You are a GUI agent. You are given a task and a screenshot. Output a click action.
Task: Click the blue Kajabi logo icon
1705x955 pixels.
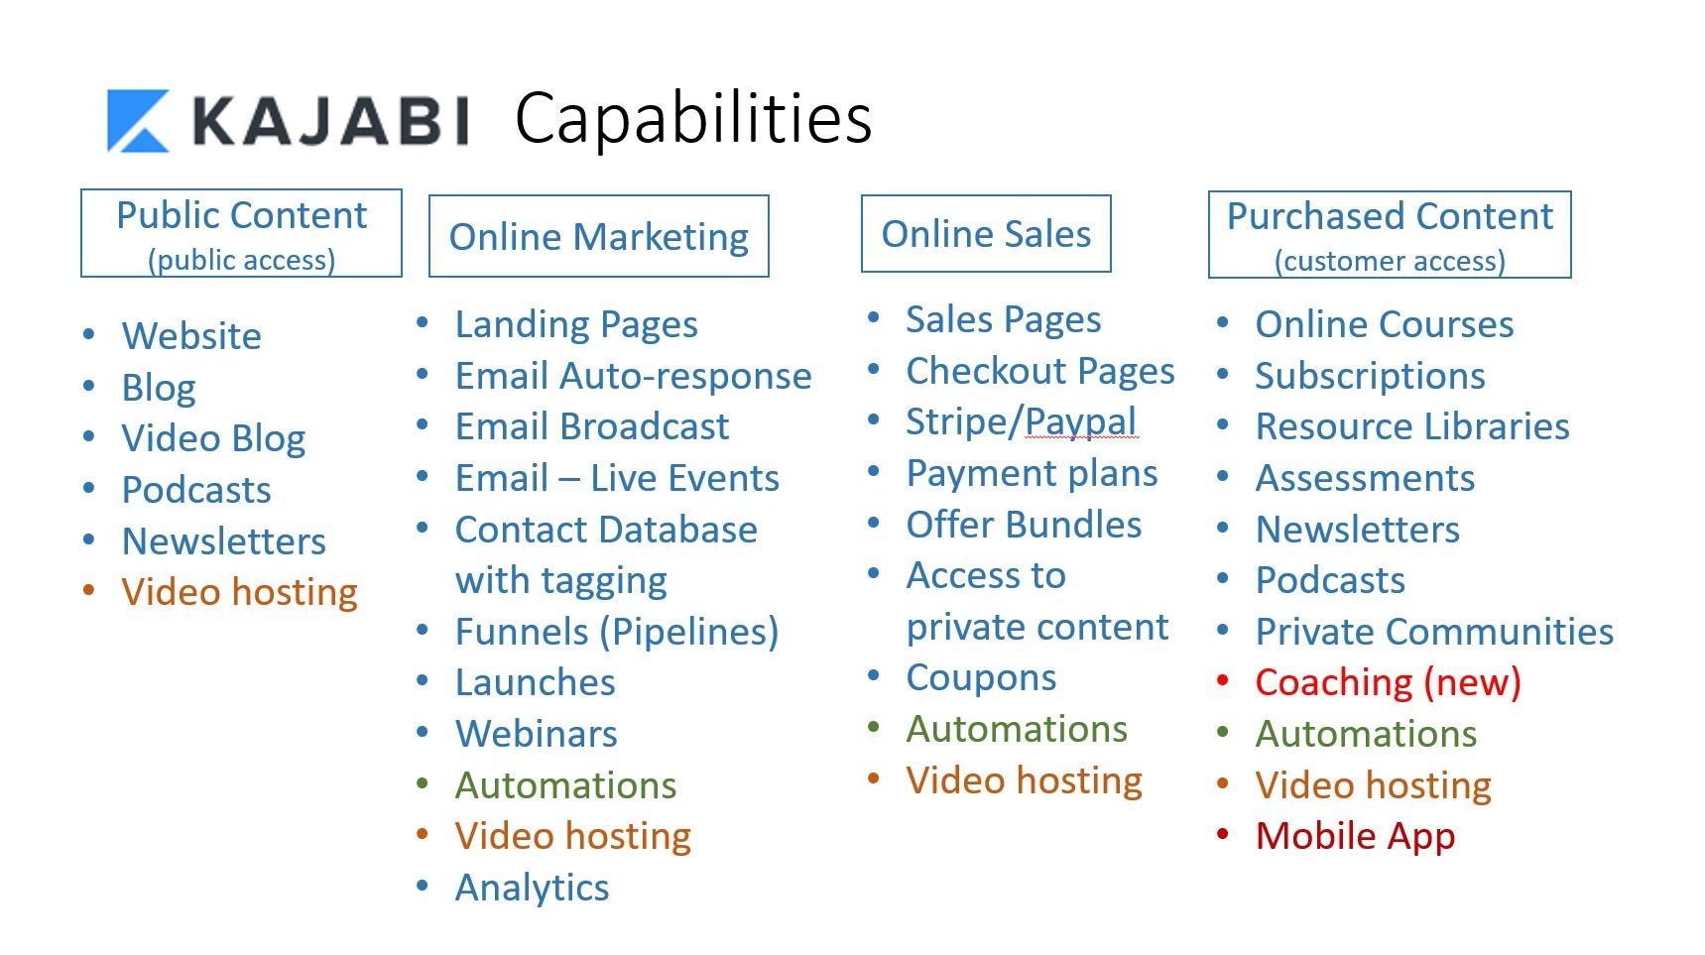[x=138, y=121]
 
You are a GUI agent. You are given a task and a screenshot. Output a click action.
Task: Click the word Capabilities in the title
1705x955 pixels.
[x=693, y=119]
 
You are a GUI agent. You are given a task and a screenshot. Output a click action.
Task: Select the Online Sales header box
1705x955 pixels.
[x=986, y=234]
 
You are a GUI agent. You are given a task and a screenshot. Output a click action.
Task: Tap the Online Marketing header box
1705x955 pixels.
[x=598, y=237]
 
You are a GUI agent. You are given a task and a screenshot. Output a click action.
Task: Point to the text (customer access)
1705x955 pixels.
[x=1390, y=261]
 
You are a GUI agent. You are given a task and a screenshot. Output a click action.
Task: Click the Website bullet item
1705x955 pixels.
[x=191, y=336]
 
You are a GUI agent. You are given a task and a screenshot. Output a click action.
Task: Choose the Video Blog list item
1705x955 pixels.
[x=213, y=438]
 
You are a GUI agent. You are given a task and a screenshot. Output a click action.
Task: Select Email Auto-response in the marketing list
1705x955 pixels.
[x=633, y=376]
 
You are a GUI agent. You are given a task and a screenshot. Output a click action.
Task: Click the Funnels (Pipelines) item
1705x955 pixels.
[x=616, y=632]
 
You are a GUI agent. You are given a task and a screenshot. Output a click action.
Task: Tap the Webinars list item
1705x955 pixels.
[x=536, y=734]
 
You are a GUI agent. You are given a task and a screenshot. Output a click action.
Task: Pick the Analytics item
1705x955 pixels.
[x=532, y=888]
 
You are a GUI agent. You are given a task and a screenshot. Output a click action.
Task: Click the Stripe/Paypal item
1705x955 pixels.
[x=1021, y=422]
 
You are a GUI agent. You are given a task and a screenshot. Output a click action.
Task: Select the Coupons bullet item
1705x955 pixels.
[x=981, y=678]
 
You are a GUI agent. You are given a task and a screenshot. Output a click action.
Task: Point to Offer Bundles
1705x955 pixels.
[x=1024, y=525]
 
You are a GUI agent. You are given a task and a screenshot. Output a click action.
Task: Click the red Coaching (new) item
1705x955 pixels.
[x=1388, y=682]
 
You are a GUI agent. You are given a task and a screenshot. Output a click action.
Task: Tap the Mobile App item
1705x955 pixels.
[x=1355, y=836]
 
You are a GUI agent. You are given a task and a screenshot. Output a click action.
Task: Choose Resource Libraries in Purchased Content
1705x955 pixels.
[x=1412, y=426]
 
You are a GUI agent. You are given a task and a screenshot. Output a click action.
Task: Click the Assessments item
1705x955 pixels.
[x=1365, y=478]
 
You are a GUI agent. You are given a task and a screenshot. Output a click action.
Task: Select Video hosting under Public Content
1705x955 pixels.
[x=239, y=592]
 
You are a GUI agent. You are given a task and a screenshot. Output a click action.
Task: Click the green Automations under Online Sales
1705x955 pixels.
[x=1017, y=729]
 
